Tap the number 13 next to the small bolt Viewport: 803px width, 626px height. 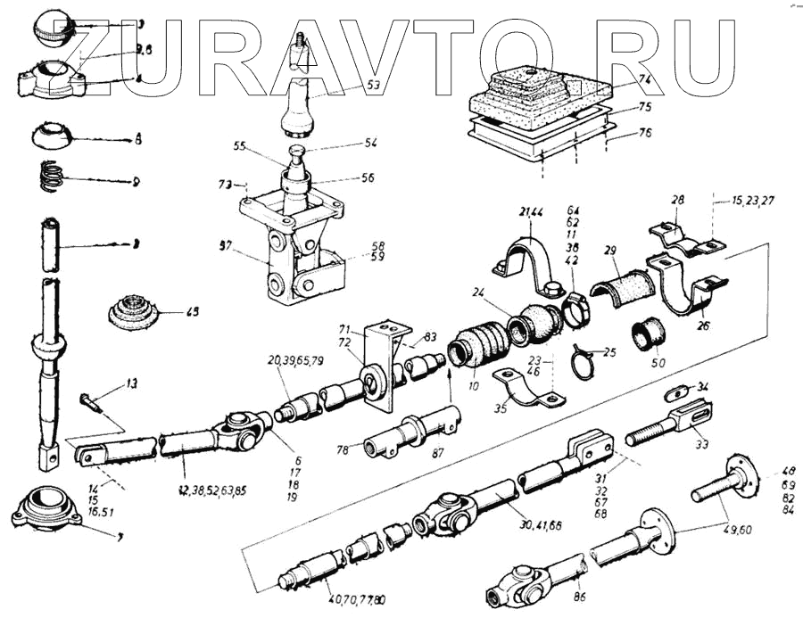pos(132,384)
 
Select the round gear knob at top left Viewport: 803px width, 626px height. pos(53,30)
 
